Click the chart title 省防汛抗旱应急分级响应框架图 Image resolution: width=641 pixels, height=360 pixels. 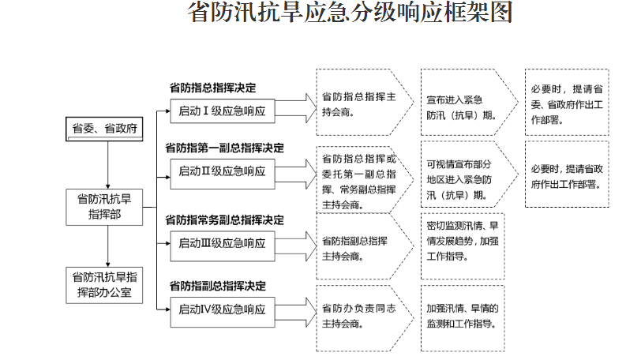(x=350, y=13)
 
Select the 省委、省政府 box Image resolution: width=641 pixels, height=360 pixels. (x=104, y=129)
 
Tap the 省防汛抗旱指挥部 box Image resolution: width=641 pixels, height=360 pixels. (x=104, y=207)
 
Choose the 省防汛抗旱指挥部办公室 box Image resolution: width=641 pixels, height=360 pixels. (x=104, y=285)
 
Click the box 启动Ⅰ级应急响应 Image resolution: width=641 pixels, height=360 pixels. (x=223, y=111)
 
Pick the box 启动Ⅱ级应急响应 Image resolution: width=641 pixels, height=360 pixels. (x=223, y=171)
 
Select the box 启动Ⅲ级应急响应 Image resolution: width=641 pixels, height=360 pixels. (x=223, y=243)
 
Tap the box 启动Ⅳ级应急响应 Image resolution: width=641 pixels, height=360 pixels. (x=223, y=309)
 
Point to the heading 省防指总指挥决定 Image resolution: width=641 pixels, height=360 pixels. (x=212, y=88)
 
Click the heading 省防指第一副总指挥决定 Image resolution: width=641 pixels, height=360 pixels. (x=224, y=148)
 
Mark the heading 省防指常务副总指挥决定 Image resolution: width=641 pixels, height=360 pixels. (x=224, y=220)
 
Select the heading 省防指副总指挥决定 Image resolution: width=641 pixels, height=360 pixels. (x=218, y=286)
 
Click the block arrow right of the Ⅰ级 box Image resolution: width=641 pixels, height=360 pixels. (x=296, y=108)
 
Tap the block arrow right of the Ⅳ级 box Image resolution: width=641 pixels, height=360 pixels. (x=296, y=312)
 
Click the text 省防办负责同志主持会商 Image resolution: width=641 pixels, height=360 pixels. (x=359, y=316)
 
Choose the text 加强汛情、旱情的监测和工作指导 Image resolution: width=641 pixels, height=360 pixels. (x=463, y=316)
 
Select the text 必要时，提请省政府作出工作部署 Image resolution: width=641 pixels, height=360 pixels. (x=567, y=177)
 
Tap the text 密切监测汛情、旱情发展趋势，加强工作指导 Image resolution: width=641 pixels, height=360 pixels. (x=463, y=241)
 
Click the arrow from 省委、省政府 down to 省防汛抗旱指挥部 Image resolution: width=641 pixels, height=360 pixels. (x=108, y=165)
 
